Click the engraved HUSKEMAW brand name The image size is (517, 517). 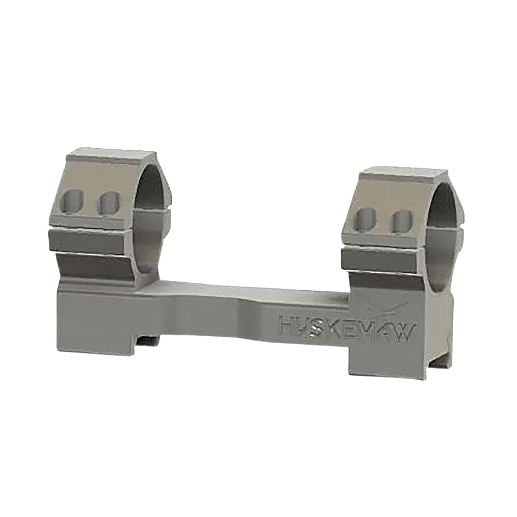coord(346,330)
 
